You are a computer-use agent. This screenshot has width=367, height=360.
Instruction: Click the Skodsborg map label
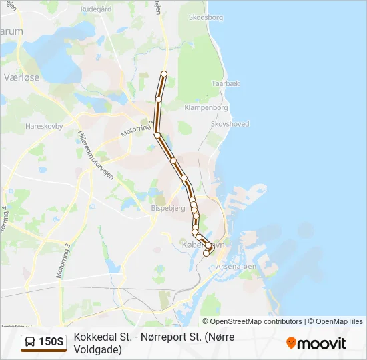(206, 17)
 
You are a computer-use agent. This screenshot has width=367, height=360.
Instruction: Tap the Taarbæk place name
(226, 84)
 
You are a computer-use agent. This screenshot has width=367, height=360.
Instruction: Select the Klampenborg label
(207, 107)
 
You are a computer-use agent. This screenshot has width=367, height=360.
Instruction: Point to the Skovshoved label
(230, 124)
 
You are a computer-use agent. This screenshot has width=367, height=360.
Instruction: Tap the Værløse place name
(22, 77)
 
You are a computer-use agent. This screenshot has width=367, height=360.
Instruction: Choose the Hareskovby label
(43, 125)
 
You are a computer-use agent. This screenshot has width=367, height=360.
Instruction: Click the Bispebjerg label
(169, 208)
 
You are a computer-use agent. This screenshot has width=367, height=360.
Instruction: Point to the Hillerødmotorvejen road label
(96, 151)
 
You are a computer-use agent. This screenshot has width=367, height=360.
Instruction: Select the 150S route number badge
(51, 343)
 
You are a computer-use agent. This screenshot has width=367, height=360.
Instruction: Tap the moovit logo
(316, 343)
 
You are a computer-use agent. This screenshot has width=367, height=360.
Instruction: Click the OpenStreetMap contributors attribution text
(256, 321)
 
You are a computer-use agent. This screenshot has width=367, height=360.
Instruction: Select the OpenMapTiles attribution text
(338, 321)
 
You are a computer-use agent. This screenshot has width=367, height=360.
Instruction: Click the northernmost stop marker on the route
(164, 73)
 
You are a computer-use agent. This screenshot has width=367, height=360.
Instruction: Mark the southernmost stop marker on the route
(206, 253)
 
